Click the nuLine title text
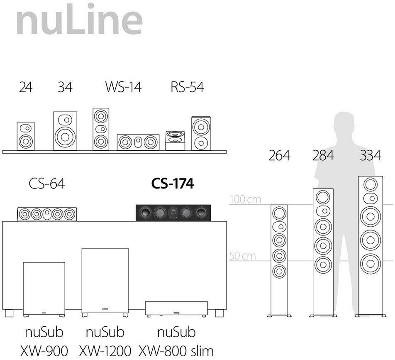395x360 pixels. (x=79, y=20)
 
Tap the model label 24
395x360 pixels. (x=26, y=87)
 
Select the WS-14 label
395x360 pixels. (x=123, y=87)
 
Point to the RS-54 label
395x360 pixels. (x=187, y=87)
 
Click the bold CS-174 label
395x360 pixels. (x=172, y=184)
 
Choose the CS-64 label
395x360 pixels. (x=47, y=184)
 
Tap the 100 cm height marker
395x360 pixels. (x=245, y=199)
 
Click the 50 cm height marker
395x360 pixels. (x=243, y=255)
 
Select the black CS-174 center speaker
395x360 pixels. (x=173, y=213)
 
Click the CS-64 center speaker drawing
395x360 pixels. (x=47, y=214)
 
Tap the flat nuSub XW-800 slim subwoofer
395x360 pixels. (x=176, y=309)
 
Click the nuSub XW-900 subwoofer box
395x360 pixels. (x=44, y=288)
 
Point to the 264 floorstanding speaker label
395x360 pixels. (x=279, y=156)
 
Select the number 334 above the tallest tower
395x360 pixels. (x=370, y=156)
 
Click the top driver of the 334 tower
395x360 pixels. (x=370, y=184)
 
